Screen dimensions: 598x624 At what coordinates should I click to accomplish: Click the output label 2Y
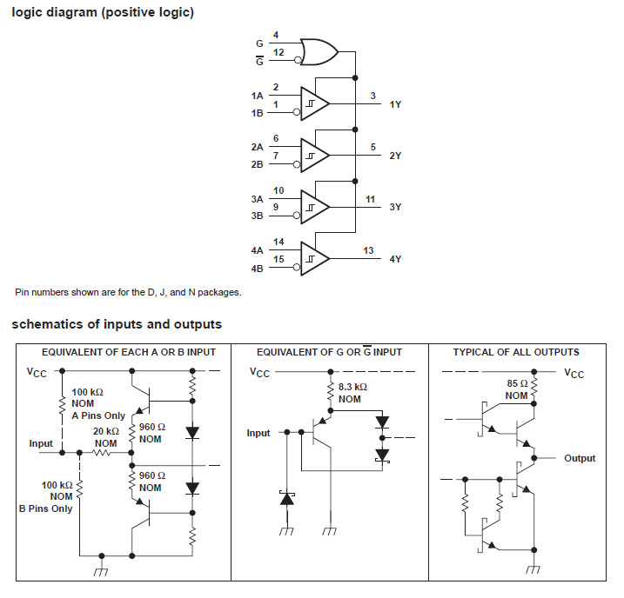(x=395, y=156)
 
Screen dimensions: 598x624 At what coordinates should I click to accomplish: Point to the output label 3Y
(x=395, y=207)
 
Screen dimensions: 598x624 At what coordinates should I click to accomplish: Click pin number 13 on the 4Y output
(x=368, y=250)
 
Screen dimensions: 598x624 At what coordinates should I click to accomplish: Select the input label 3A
(x=257, y=199)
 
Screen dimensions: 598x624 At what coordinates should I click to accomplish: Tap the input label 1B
(x=257, y=113)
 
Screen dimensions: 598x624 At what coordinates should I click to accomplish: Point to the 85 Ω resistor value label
(x=517, y=383)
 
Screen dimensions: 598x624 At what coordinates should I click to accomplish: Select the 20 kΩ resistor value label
(x=105, y=432)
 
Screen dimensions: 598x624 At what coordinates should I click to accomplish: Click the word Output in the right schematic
(x=580, y=458)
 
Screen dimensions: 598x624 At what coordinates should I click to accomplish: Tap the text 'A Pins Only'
(x=98, y=415)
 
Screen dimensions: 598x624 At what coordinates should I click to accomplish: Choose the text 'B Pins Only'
(x=46, y=508)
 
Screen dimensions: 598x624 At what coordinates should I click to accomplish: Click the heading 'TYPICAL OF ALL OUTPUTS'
(x=516, y=352)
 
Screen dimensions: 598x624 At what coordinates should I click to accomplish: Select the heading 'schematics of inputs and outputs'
(x=117, y=324)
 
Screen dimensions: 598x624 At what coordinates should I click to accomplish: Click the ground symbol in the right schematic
(x=532, y=570)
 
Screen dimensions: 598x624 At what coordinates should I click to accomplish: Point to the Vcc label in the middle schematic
(x=260, y=372)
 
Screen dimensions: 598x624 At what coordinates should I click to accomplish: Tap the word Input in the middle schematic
(x=258, y=433)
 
